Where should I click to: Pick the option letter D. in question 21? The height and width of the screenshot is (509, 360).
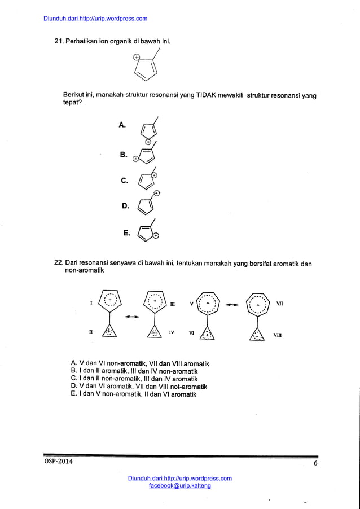coord(125,206)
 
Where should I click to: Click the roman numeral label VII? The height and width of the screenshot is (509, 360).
coord(279,304)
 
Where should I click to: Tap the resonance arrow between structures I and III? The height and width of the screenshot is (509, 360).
coord(131,317)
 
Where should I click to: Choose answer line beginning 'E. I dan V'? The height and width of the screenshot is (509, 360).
coord(133,394)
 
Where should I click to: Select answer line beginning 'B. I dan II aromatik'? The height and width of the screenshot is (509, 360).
coord(134,371)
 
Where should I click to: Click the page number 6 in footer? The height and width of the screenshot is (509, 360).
coord(315,463)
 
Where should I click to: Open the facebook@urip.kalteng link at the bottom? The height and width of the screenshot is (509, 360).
coord(179,486)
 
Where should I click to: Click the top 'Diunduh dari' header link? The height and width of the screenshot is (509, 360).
coord(95,19)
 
